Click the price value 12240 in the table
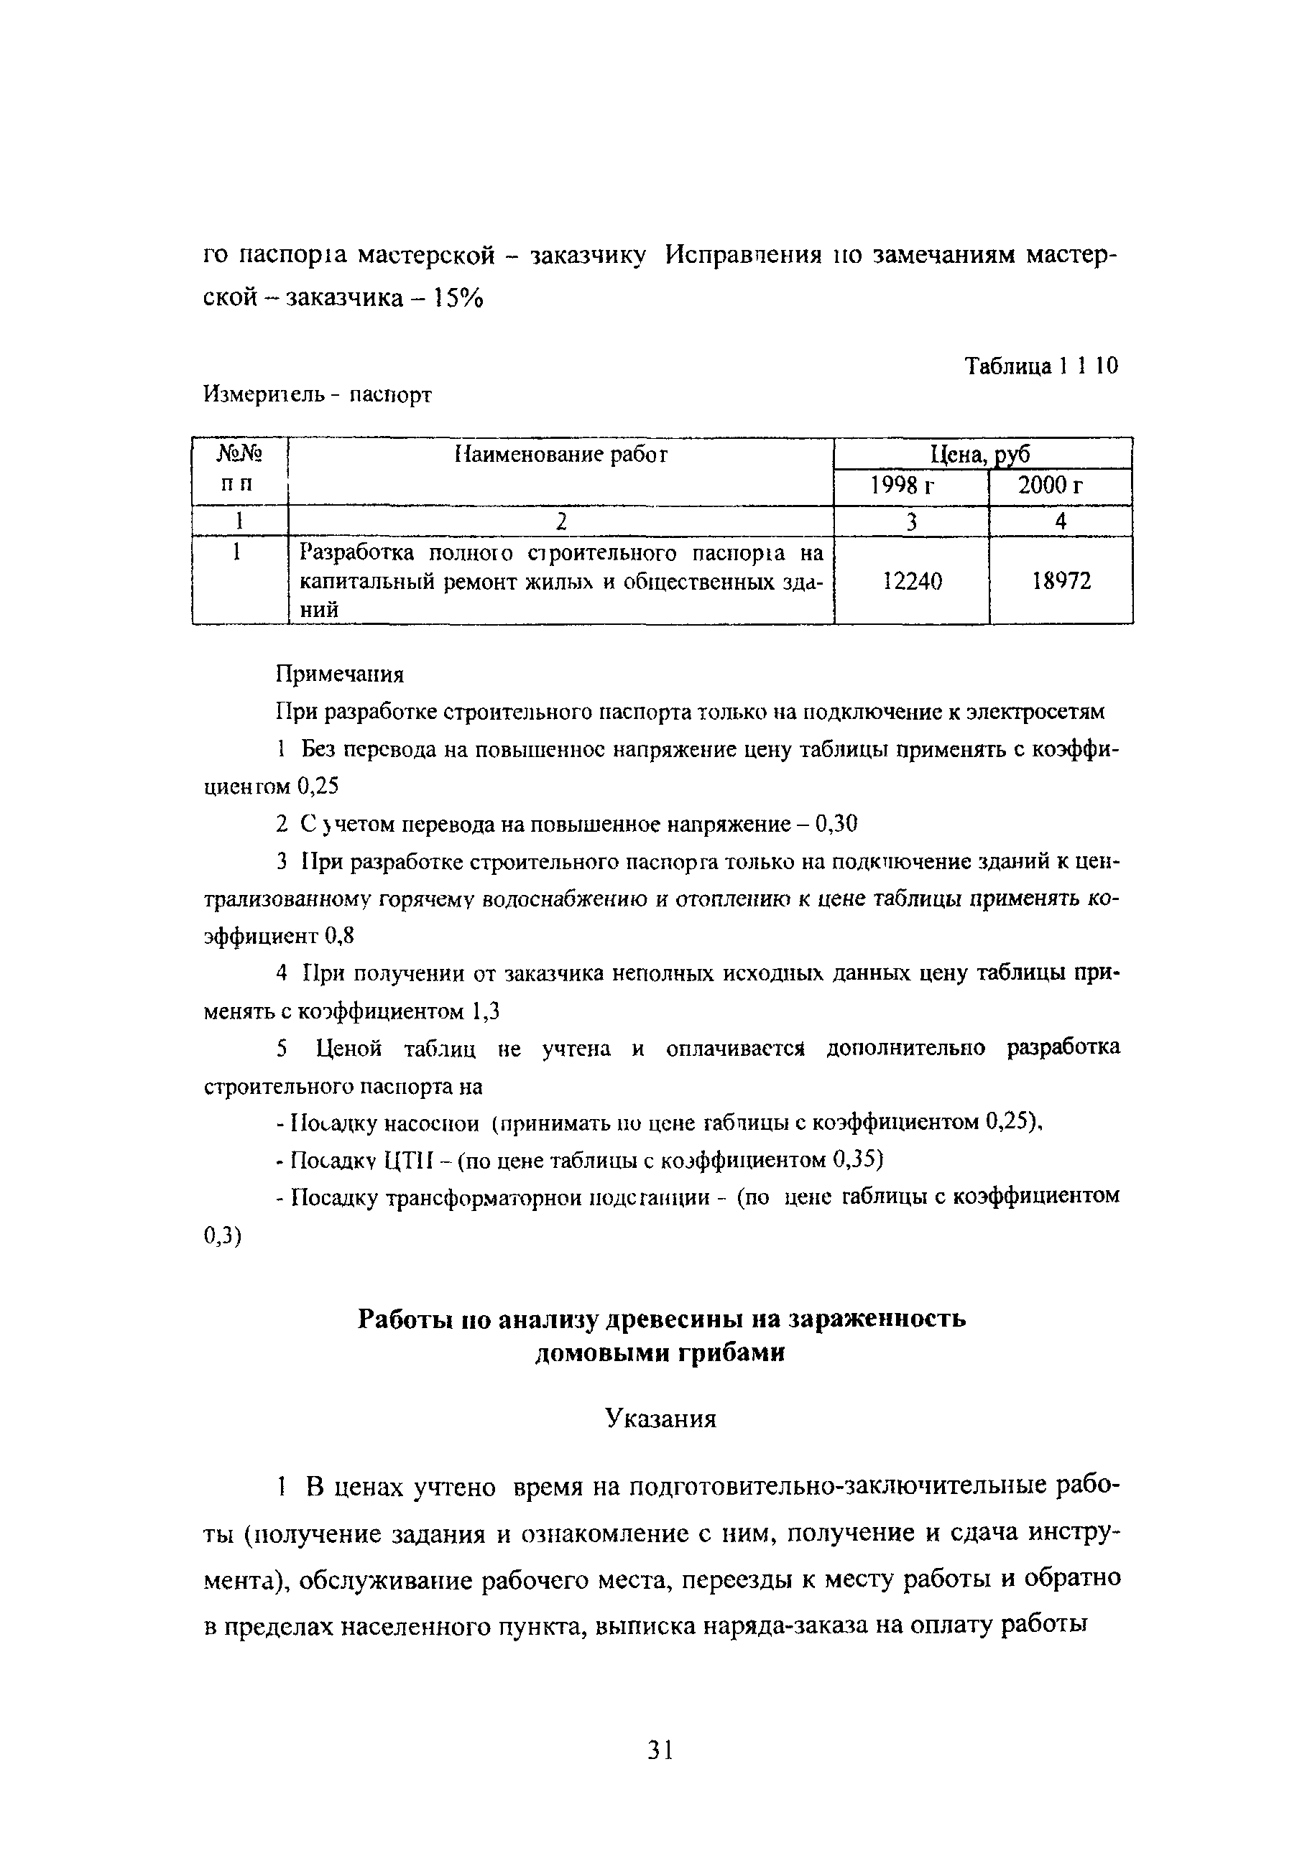point(912,581)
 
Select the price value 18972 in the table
point(1061,581)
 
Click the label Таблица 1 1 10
point(1041,366)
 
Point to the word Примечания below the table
point(340,673)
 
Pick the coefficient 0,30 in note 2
point(835,825)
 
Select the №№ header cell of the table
point(240,455)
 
